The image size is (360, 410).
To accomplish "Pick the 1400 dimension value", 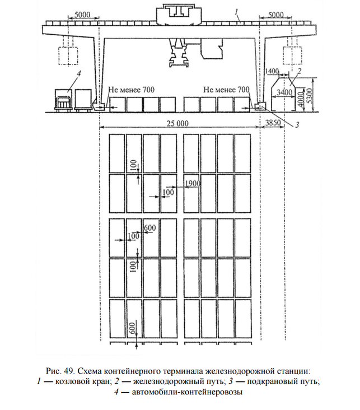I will pos(272,72).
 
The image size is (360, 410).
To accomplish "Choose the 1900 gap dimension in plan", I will pos(192,184).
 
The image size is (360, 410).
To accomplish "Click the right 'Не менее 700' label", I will pos(226,89).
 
